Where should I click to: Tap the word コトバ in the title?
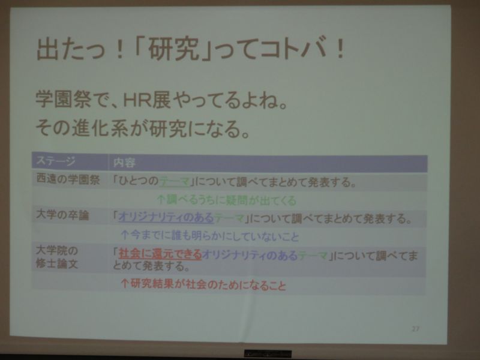pyautogui.click(x=290, y=49)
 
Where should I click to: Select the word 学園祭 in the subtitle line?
pyautogui.click(x=63, y=99)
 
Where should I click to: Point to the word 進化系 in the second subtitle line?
pyautogui.click(x=99, y=128)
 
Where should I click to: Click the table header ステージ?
pyautogui.click(x=56, y=161)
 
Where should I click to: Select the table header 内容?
pyautogui.click(x=124, y=163)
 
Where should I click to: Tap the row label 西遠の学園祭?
pyautogui.click(x=68, y=179)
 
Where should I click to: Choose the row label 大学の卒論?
pyautogui.click(x=62, y=215)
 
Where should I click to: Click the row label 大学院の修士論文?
pyautogui.click(x=57, y=257)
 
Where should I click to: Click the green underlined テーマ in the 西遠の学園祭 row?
pyautogui.click(x=175, y=182)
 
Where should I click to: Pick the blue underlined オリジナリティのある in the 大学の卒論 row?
pyautogui.click(x=166, y=218)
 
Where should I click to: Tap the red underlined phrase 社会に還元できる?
pyautogui.click(x=160, y=254)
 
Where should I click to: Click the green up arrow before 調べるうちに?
pyautogui.click(x=161, y=200)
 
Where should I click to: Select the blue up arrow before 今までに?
pyautogui.click(x=124, y=235)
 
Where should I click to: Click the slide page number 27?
pyautogui.click(x=415, y=329)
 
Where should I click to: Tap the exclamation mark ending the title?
pyautogui.click(x=340, y=49)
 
